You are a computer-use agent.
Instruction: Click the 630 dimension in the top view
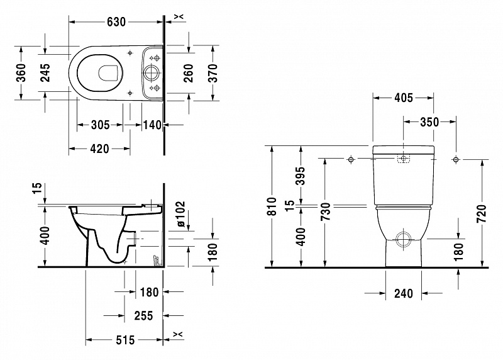point(116,22)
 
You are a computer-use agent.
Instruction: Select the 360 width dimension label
point(21,72)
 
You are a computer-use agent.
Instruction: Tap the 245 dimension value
point(45,72)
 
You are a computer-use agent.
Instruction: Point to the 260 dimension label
point(189,73)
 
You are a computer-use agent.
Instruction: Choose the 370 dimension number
point(213,73)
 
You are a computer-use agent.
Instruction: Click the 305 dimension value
point(101,125)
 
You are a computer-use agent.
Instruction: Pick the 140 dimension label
point(152,125)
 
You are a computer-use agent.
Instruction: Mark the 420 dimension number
point(99,149)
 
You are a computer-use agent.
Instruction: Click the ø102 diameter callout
point(180,215)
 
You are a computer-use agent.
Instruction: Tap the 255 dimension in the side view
point(143,316)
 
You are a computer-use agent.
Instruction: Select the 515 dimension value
point(125,340)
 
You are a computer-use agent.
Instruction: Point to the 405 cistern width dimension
point(404,98)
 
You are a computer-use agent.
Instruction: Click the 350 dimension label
point(429,122)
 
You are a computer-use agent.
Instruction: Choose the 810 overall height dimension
point(272,206)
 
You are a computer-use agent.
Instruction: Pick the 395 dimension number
point(301,176)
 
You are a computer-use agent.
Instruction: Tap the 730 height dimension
point(325,212)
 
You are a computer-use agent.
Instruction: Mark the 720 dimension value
point(482,213)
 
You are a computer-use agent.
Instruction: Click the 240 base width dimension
point(404,293)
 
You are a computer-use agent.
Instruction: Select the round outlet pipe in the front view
point(404,239)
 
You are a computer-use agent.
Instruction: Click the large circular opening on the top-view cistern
point(151,73)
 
